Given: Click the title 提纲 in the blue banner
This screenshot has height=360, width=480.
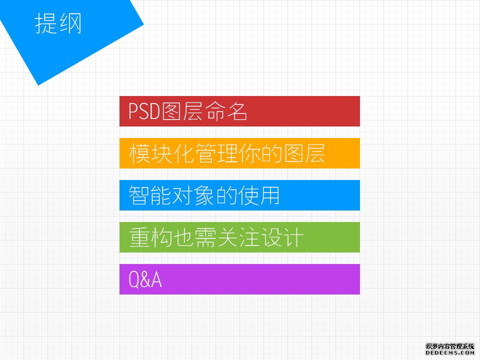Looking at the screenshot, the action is [x=58, y=23].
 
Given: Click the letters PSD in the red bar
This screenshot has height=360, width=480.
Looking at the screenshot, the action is [x=144, y=111].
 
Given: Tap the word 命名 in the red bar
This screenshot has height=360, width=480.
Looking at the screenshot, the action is [x=226, y=111].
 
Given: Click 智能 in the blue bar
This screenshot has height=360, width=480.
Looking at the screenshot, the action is [x=149, y=195].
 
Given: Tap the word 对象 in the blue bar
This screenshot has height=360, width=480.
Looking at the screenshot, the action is [x=193, y=195].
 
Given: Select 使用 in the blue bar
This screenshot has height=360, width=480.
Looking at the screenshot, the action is [x=259, y=195].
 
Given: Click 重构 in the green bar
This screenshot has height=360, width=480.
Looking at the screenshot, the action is [x=150, y=237].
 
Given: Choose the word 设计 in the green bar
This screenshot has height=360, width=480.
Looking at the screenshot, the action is [x=281, y=237].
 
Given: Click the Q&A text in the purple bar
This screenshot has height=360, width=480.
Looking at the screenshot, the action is [x=145, y=279].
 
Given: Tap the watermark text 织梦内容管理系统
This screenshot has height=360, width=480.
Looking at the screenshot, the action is [x=449, y=346].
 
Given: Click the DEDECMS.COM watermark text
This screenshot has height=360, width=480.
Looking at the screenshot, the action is [x=449, y=352].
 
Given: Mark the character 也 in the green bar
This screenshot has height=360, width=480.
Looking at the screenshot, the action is [x=183, y=237].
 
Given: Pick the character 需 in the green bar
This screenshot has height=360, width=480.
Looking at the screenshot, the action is [x=205, y=237].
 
